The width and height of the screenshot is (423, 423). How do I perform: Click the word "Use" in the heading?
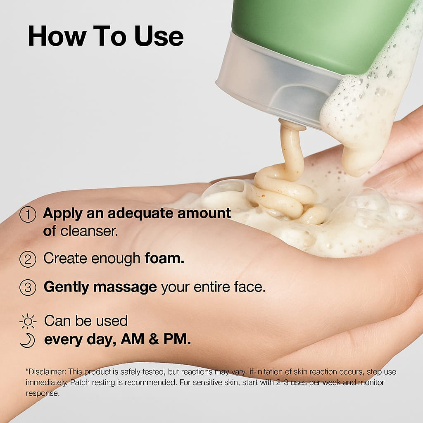pos(159,36)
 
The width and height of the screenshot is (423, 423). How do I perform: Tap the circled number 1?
pos(28,214)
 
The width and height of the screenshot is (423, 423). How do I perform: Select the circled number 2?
pos(28,259)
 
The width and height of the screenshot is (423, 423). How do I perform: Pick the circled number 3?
pos(28,288)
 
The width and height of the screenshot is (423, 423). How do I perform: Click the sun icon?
pos(28,321)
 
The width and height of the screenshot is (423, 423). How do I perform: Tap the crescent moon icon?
pos(28,340)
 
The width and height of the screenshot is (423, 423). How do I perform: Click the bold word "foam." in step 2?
pos(164,258)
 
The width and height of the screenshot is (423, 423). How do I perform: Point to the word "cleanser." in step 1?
pos(89,231)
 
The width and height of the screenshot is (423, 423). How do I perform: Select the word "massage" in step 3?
pos(125,287)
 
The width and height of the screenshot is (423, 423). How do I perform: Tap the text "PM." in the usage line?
pos(177,339)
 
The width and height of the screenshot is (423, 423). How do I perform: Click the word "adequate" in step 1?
pos(140,214)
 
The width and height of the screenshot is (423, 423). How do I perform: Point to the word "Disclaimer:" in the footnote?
pos(46,372)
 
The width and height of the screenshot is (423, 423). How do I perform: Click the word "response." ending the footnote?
pos(43,393)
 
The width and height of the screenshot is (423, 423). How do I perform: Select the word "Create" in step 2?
pos(65,258)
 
